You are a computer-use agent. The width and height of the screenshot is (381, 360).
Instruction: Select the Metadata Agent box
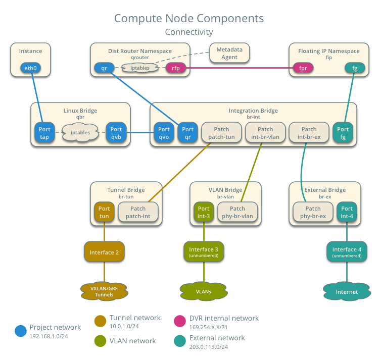click(229, 54)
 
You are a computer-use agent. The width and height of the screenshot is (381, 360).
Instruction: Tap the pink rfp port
click(176, 68)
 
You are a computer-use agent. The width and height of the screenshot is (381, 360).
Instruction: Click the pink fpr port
click(303, 68)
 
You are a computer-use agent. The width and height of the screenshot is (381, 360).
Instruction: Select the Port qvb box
click(116, 133)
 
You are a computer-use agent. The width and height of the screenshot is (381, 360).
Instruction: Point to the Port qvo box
click(164, 133)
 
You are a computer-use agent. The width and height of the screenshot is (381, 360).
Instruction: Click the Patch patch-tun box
click(221, 133)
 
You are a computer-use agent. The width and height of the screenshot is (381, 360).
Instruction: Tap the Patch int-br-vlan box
click(265, 133)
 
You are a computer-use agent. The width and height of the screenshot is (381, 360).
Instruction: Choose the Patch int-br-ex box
click(309, 133)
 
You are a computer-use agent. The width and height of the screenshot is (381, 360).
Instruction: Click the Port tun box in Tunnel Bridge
click(104, 212)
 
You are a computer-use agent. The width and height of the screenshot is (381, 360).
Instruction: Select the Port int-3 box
click(204, 212)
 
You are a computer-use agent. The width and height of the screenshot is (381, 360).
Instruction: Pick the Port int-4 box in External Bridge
click(347, 212)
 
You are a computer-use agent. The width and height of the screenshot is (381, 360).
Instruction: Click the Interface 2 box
click(104, 252)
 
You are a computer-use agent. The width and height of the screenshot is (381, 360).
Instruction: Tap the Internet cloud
click(347, 292)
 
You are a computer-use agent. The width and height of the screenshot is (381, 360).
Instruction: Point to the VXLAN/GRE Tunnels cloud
click(104, 291)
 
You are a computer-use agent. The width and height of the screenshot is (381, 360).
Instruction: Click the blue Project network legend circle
click(21, 331)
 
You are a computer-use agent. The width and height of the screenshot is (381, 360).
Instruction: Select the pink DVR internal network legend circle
click(180, 321)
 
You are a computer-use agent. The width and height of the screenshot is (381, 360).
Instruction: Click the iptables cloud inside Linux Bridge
click(80, 133)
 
